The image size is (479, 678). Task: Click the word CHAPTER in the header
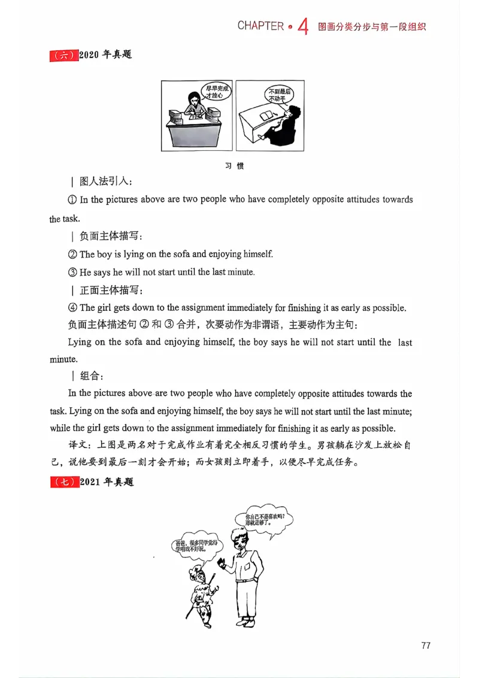[260, 26]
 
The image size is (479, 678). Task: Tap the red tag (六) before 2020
[63, 55]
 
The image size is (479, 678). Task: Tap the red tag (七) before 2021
[63, 482]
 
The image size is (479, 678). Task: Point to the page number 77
[426, 645]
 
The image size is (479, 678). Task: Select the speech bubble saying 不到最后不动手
[279, 93]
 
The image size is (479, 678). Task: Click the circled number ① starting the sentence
[73, 199]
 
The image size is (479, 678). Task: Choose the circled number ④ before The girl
[73, 308]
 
